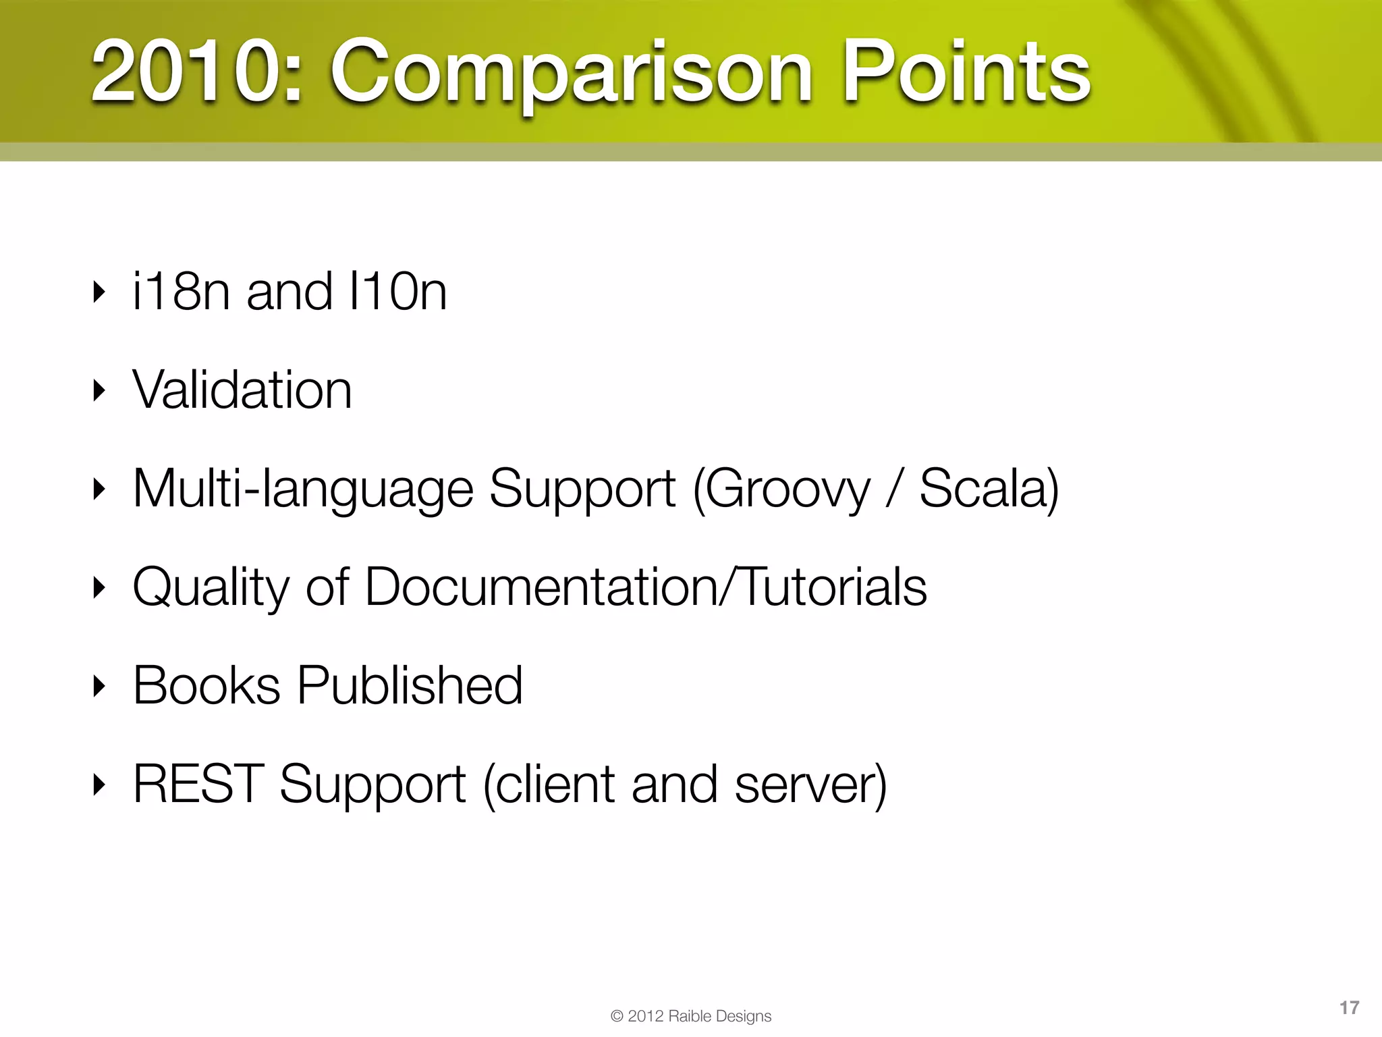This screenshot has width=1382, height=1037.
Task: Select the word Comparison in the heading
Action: point(571,73)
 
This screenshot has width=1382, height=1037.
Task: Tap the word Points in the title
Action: point(966,72)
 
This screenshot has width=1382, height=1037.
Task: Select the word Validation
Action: point(242,390)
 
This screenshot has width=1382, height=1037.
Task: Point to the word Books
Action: point(206,685)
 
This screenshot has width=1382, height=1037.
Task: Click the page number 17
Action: point(1349,1008)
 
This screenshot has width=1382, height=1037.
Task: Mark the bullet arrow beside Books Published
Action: point(99,686)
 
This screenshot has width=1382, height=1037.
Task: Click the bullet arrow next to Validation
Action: point(99,390)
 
